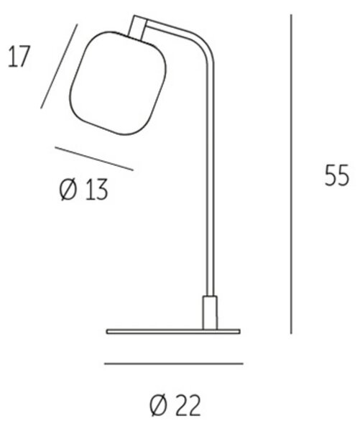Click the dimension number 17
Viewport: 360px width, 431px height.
pos(19,57)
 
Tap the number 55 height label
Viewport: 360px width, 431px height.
pos(337,175)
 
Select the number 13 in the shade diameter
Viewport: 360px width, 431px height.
pos(96,190)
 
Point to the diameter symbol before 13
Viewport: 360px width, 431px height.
pos(68,190)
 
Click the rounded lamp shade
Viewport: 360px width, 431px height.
pos(119,83)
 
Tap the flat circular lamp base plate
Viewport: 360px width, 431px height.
pos(173,331)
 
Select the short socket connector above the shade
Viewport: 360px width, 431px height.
pos(137,27)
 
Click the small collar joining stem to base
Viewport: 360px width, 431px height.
pos(210,312)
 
